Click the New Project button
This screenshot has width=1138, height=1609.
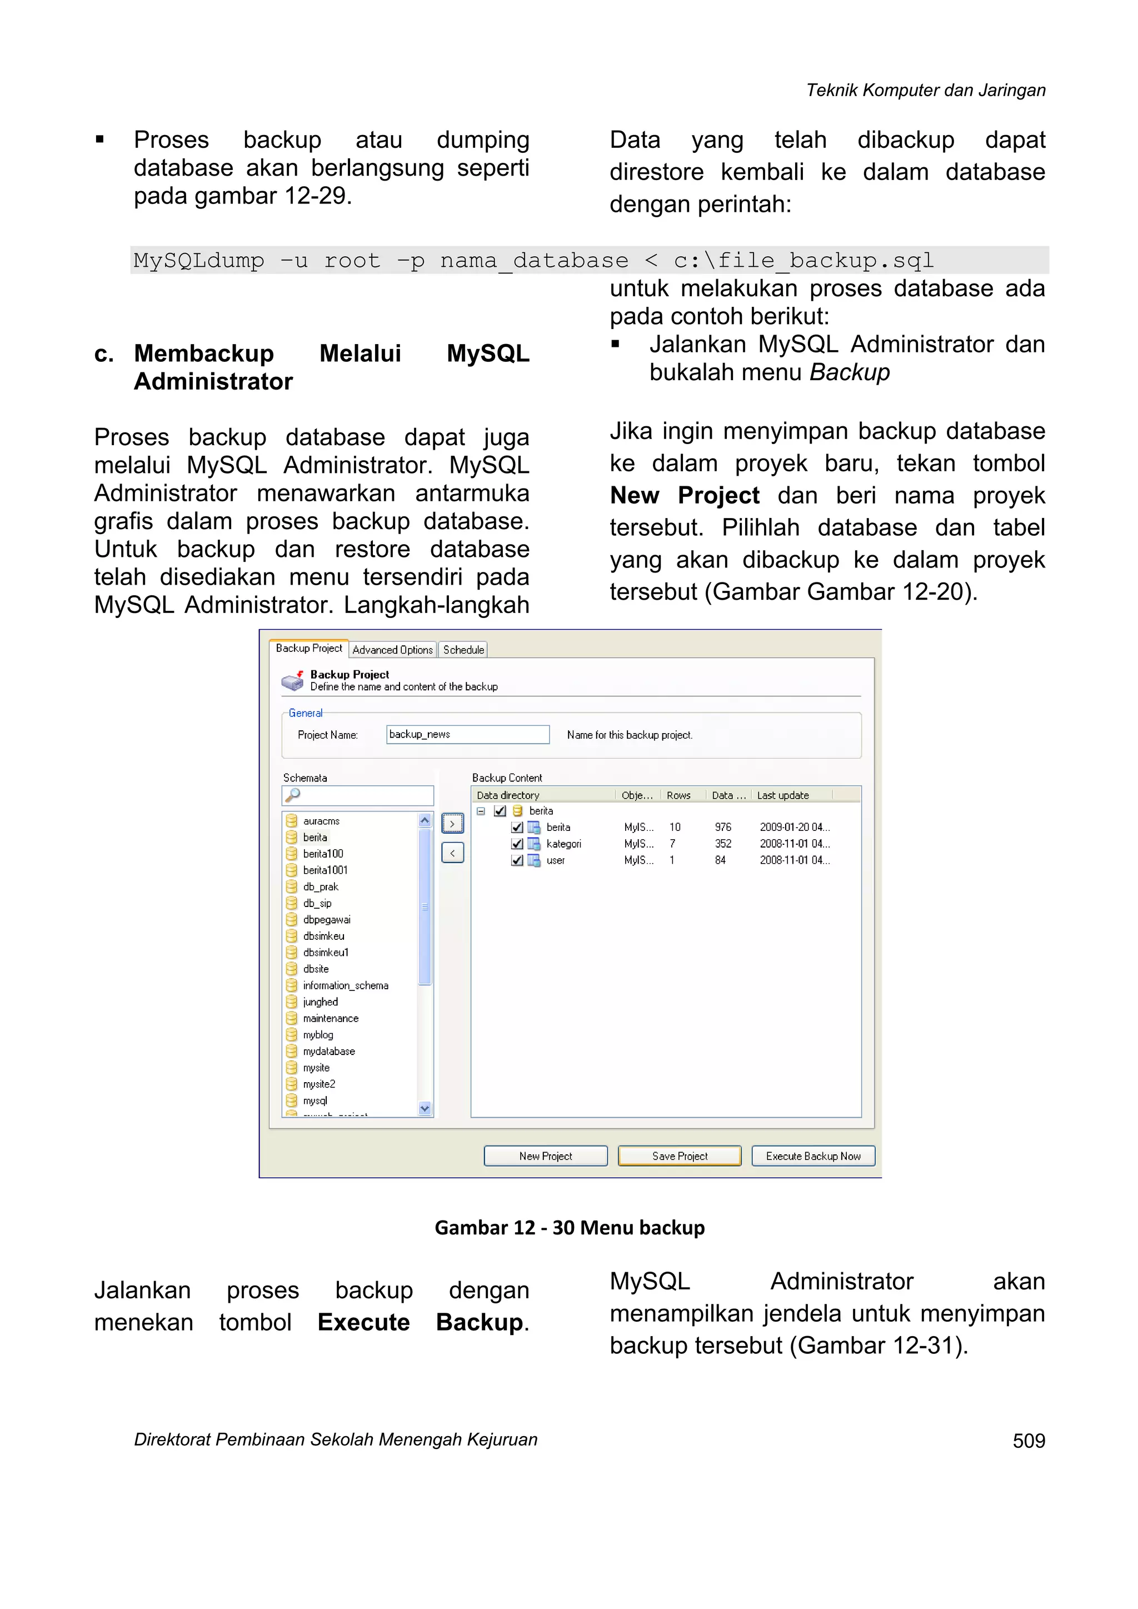coord(545,1155)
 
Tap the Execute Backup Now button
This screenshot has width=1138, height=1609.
coord(813,1155)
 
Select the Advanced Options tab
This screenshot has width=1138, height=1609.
coord(392,650)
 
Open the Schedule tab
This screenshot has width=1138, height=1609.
coord(463,650)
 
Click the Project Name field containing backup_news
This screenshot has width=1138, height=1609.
coord(467,734)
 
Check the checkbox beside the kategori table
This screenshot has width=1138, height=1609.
coord(517,844)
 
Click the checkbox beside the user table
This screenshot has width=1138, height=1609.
coord(517,860)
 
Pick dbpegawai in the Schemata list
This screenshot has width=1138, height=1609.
coord(327,919)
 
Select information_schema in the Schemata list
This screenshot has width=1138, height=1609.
coord(346,985)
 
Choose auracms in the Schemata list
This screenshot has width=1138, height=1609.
coord(321,821)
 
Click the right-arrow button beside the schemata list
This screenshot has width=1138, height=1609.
coord(453,824)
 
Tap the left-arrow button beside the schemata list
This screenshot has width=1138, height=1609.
coord(453,853)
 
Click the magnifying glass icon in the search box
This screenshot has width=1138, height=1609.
coord(293,795)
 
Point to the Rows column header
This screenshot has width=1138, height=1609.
coord(678,795)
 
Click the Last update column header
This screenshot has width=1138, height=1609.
coord(783,795)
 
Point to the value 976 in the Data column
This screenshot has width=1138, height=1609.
coord(722,827)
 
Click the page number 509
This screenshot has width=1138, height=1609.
coord(1028,1440)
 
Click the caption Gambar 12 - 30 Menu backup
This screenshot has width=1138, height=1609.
coord(569,1227)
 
